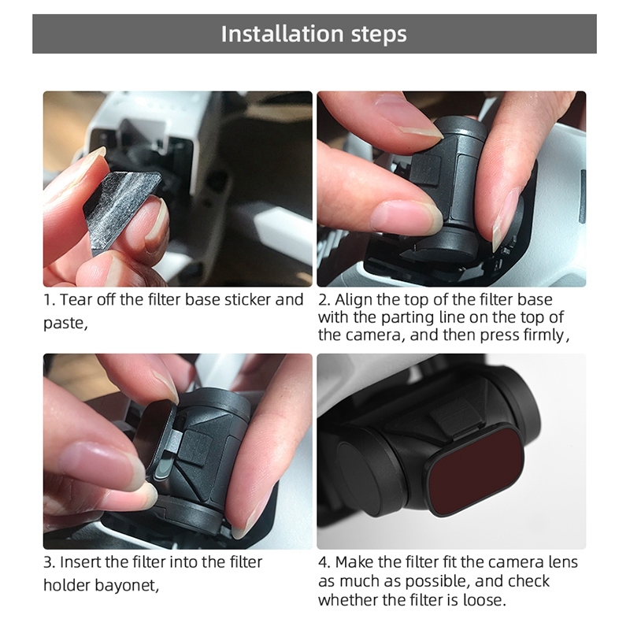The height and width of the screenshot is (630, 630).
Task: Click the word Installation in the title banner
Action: [282, 33]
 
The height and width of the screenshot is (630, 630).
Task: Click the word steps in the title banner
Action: [379, 35]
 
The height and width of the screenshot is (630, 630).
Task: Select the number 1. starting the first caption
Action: [49, 300]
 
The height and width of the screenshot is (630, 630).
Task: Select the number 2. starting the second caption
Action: [324, 300]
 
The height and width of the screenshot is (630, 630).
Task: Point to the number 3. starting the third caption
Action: [49, 562]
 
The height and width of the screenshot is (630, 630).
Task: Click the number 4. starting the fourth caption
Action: [324, 562]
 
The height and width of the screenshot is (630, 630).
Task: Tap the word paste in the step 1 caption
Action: [64, 324]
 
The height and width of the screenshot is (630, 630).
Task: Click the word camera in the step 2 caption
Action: [376, 335]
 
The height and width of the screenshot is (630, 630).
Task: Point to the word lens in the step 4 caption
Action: [563, 562]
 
